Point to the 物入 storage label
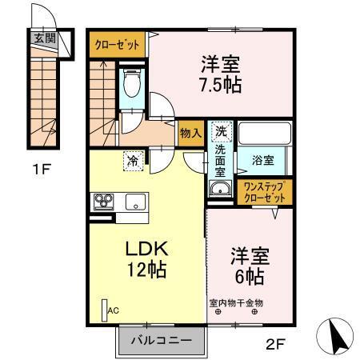(190, 133)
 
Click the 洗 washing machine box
(219, 130)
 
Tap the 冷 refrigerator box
(133, 161)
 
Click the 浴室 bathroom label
(263, 160)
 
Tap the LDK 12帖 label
(144, 259)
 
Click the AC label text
(113, 310)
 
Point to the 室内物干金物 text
(236, 302)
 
